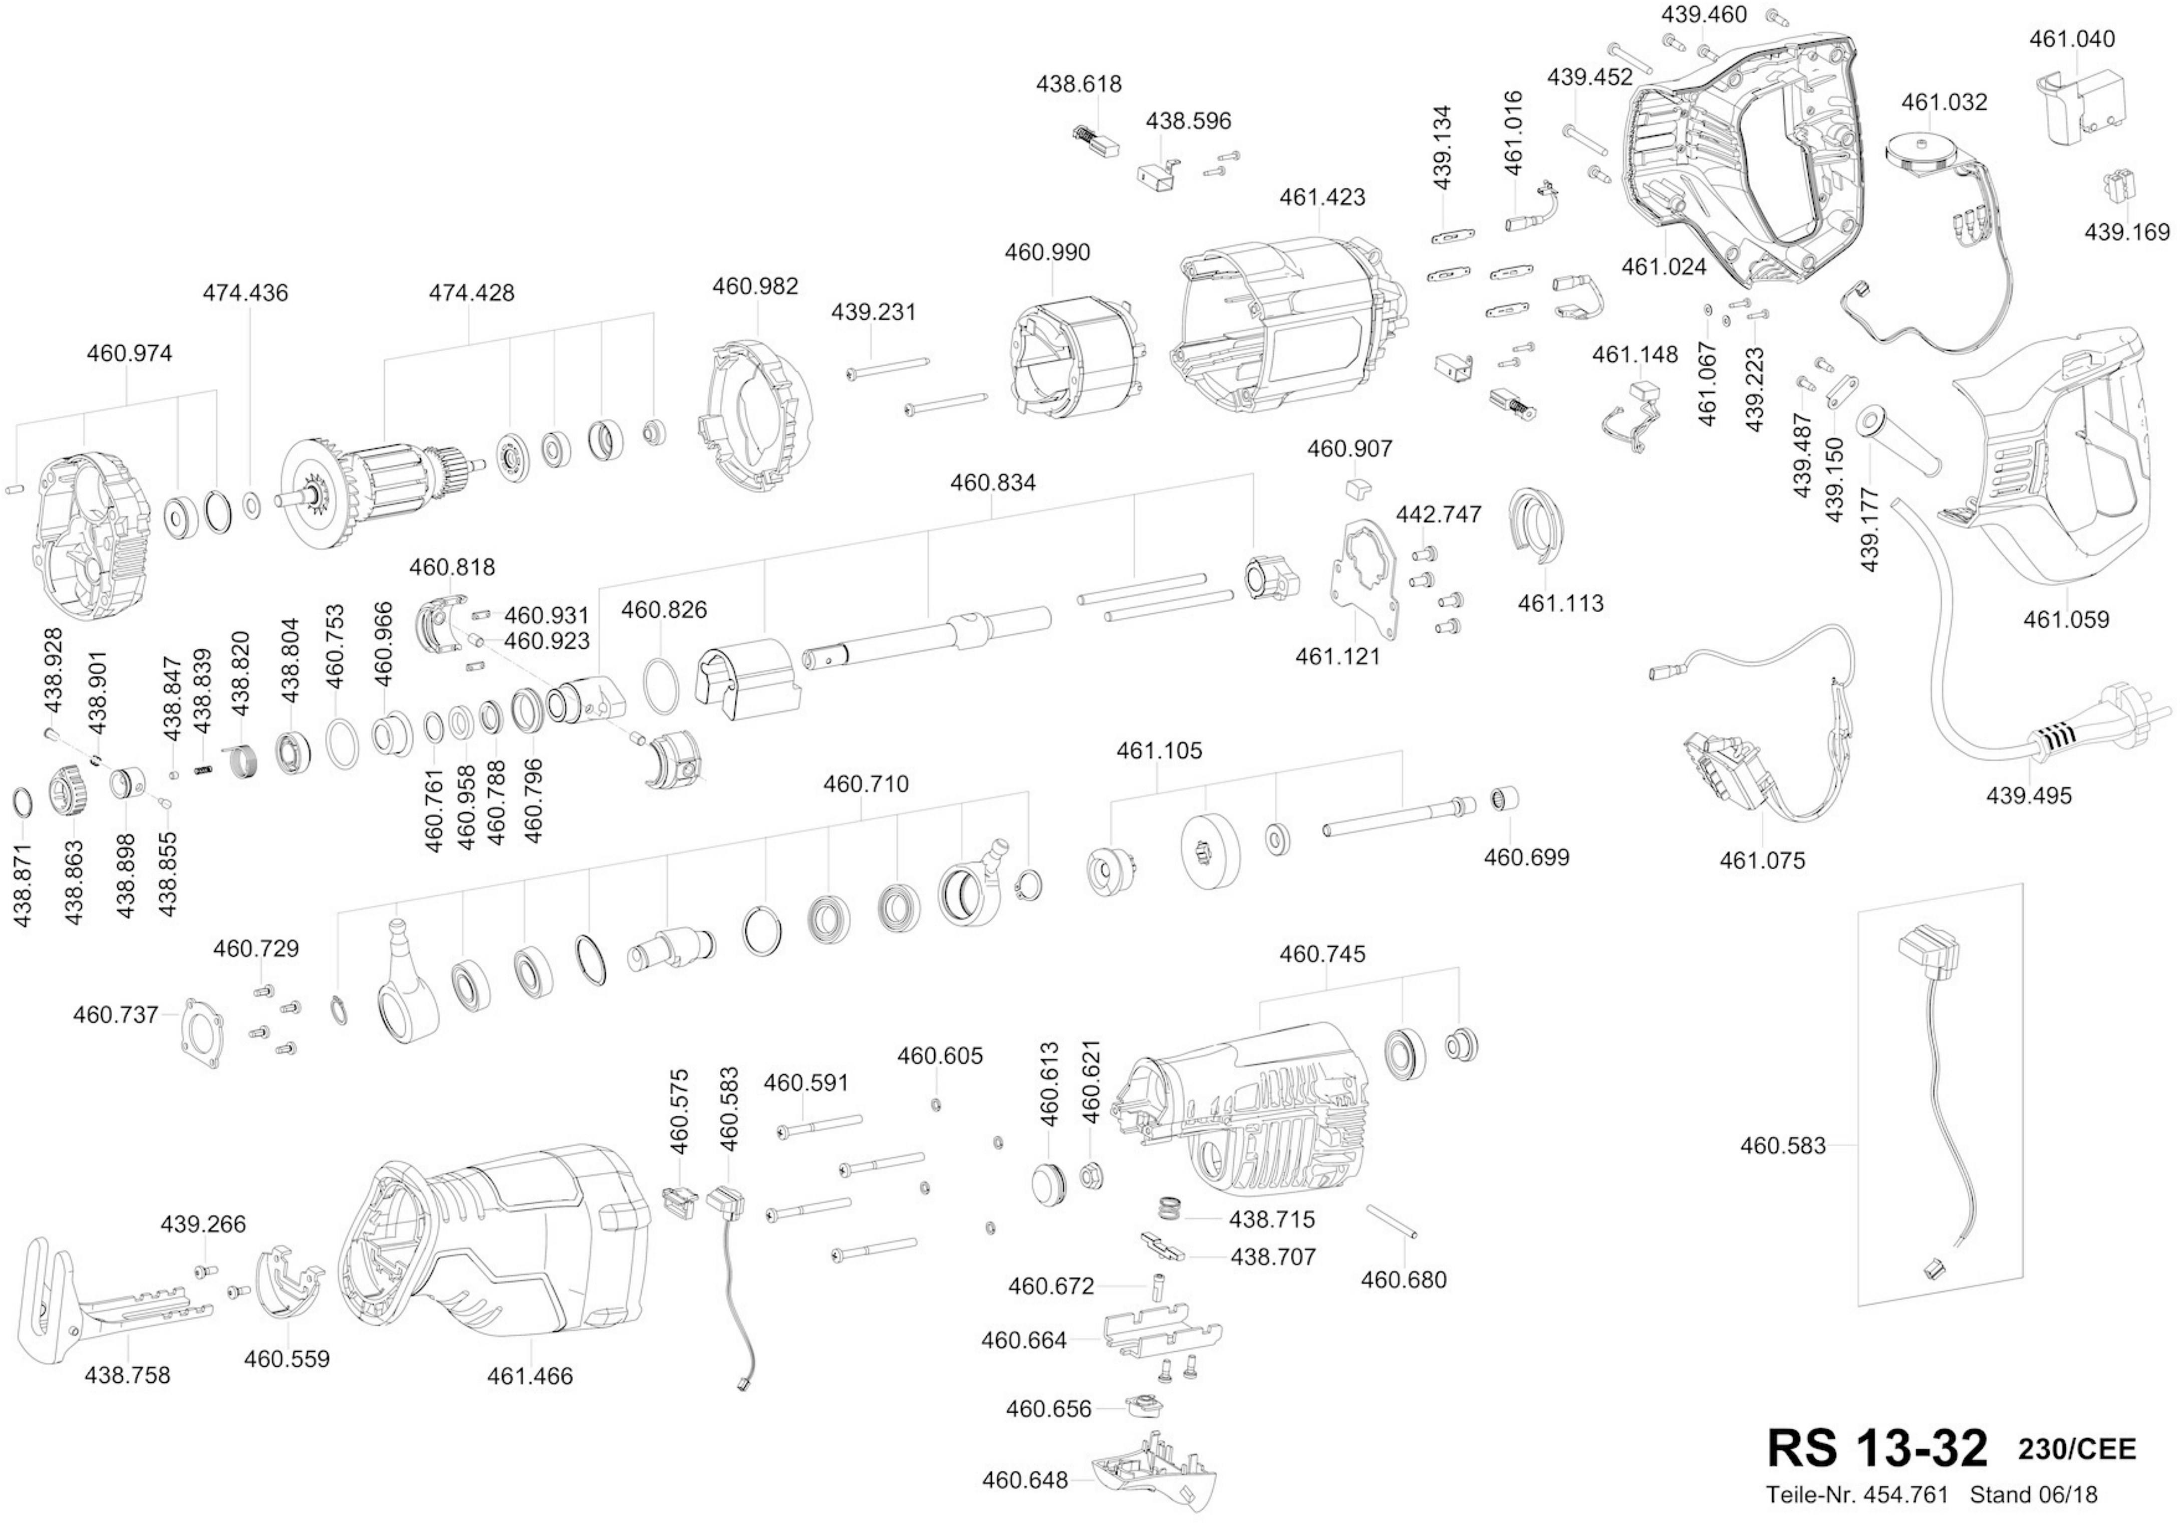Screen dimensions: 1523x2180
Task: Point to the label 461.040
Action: click(x=2072, y=39)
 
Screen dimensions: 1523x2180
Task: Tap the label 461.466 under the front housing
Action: click(x=530, y=1376)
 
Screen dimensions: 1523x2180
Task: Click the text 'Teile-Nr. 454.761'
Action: click(x=1856, y=1494)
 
